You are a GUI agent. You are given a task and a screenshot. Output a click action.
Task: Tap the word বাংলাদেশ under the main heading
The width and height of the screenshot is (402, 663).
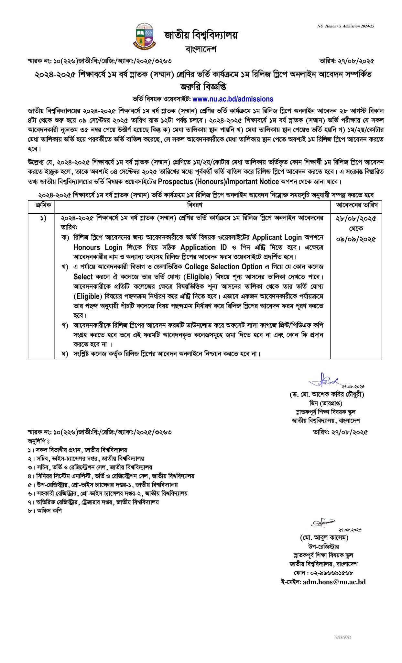[x=201, y=49]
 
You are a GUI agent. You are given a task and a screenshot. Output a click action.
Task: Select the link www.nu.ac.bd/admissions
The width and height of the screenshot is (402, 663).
[x=233, y=99]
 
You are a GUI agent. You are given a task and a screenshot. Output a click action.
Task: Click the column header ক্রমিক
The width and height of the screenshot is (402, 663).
[x=41, y=205]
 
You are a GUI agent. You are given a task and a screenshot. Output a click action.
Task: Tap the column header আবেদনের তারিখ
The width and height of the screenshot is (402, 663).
[x=356, y=205]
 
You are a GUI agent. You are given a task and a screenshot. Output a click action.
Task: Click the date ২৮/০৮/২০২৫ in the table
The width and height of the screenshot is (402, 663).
[x=356, y=219]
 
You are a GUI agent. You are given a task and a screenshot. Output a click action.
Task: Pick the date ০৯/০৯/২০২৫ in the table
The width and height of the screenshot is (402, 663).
[x=356, y=240]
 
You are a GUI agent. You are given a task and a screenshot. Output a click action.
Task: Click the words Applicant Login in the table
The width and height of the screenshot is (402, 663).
[x=277, y=237]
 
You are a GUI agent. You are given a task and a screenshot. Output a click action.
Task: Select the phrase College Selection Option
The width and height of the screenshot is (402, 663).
[x=223, y=267]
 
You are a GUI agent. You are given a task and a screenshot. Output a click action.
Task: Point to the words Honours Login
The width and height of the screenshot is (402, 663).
[x=98, y=248]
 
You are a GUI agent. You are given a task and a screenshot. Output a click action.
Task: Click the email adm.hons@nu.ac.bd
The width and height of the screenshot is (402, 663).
[x=334, y=582]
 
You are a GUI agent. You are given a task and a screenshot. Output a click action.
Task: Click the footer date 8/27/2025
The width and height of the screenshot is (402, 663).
[x=343, y=637]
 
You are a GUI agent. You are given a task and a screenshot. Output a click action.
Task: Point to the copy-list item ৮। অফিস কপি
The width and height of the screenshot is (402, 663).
[x=45, y=511]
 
